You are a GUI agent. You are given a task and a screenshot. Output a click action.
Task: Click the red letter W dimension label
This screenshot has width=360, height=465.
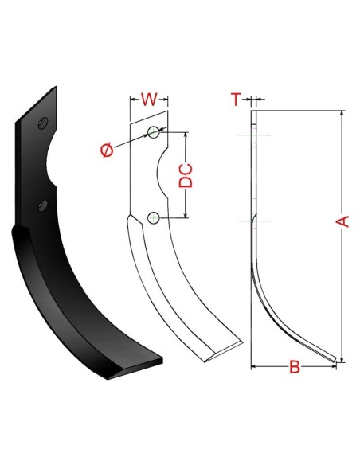149,100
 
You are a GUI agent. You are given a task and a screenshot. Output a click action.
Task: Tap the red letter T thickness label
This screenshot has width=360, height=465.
236,100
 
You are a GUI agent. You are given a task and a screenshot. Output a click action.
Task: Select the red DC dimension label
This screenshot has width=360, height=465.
186,175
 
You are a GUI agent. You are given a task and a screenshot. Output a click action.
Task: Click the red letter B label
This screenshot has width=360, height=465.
295,367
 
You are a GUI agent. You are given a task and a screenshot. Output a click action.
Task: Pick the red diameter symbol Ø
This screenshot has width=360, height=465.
107,150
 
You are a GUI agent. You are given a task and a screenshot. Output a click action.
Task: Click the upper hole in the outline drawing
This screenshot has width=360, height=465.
154,132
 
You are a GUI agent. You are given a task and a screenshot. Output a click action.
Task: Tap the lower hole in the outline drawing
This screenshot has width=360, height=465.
153,218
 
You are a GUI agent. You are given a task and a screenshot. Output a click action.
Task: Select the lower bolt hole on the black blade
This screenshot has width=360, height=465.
43,205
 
